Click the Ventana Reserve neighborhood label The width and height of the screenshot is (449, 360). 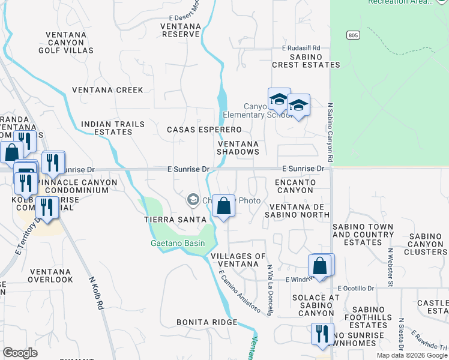click(x=182, y=30)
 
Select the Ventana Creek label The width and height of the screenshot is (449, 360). click(x=108, y=90)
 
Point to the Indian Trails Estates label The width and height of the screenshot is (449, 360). click(x=113, y=128)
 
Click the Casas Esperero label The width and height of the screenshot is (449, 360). click(x=204, y=130)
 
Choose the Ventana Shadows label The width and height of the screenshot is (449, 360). click(x=238, y=148)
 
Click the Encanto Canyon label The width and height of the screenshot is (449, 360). click(x=295, y=185)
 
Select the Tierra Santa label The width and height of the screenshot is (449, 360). click(x=175, y=220)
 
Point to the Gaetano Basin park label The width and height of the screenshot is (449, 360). click(x=177, y=243)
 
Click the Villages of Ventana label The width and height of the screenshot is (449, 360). click(x=238, y=260)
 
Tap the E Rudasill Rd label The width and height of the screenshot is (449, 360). click(x=301, y=48)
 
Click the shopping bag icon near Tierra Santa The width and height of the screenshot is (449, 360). click(x=223, y=206)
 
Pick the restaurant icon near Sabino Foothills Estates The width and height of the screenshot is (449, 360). click(x=322, y=334)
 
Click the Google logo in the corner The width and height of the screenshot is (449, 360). click(x=20, y=353)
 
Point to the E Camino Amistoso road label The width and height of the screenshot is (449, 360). click(x=239, y=292)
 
